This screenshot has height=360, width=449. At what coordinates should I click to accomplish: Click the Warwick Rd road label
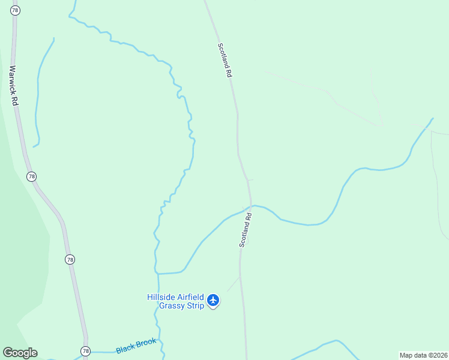pos(14,86)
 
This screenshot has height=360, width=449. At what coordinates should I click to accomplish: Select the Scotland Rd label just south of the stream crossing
pos(245,229)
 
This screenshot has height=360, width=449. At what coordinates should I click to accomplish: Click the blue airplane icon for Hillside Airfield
pos(213,300)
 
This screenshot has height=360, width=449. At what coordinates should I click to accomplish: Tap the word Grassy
pos(173,305)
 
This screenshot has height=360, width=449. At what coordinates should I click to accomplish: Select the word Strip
pos(196,305)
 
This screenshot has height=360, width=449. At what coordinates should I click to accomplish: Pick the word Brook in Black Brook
pos(146,343)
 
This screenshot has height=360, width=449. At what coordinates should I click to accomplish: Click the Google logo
pos(20,353)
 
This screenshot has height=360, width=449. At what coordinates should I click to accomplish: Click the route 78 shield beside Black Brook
pos(85,351)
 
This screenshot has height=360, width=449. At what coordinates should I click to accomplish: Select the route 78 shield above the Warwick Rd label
pos(14,10)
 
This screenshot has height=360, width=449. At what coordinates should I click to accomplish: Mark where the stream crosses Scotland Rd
pos(252,206)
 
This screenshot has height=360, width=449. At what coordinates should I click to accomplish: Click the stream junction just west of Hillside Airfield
pos(158,274)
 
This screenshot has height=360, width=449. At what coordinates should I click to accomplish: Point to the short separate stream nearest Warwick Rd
pos(38,90)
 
